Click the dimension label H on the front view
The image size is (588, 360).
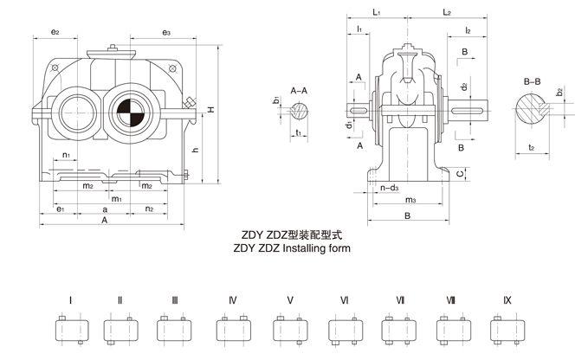click(x=212, y=110)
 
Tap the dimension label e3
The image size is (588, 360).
click(x=166, y=32)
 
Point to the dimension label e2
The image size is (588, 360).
click(x=55, y=32)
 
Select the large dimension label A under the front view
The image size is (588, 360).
click(x=104, y=222)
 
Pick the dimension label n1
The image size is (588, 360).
click(x=68, y=156)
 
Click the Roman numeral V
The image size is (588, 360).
click(x=290, y=300)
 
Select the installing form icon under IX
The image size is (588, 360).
click(x=507, y=330)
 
